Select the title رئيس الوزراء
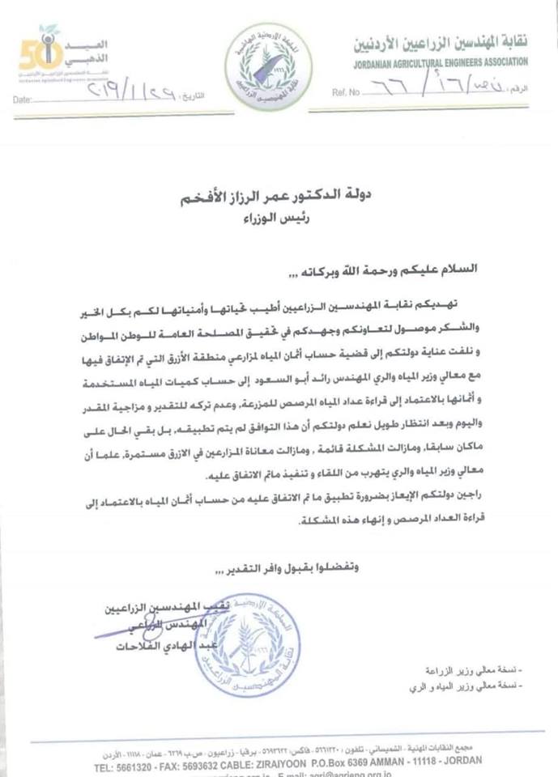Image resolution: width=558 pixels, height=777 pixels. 280,216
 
